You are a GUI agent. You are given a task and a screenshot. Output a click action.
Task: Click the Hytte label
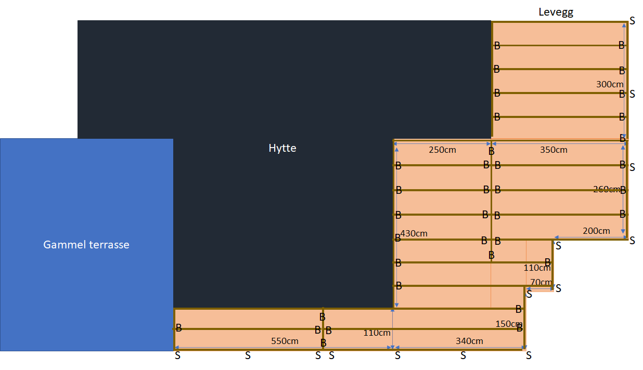[x=282, y=148]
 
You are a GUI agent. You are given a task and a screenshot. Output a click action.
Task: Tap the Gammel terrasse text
[x=86, y=245]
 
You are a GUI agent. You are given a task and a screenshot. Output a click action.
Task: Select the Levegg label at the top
[x=556, y=12]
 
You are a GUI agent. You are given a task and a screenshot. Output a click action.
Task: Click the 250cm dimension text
[x=442, y=150]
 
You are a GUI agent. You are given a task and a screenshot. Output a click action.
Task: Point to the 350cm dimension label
[x=554, y=150]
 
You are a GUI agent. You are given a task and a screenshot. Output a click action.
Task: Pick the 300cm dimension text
[x=610, y=84]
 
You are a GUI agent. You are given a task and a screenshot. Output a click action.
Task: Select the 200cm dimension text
[x=596, y=231]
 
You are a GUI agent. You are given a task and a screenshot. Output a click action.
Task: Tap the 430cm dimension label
[x=414, y=233]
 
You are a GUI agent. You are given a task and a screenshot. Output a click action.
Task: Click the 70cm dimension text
[x=541, y=282]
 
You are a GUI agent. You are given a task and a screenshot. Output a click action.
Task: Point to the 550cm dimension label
[x=285, y=341]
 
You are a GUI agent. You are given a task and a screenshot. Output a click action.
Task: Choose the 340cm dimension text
[x=469, y=341]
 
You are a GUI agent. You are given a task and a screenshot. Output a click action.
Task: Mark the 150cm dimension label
[x=509, y=324]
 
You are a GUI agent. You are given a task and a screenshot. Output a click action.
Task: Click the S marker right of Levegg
[x=633, y=21]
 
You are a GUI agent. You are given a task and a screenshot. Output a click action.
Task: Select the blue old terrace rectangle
[x=86, y=245]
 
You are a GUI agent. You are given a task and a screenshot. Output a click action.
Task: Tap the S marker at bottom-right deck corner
[x=529, y=355]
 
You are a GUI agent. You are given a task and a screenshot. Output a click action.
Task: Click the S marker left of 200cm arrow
[x=558, y=246]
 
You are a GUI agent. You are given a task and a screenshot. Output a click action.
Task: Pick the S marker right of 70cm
[x=558, y=288]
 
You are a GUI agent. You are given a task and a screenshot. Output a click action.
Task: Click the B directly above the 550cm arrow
[x=323, y=343]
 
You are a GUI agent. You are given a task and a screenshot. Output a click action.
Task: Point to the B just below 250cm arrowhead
[x=492, y=151]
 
